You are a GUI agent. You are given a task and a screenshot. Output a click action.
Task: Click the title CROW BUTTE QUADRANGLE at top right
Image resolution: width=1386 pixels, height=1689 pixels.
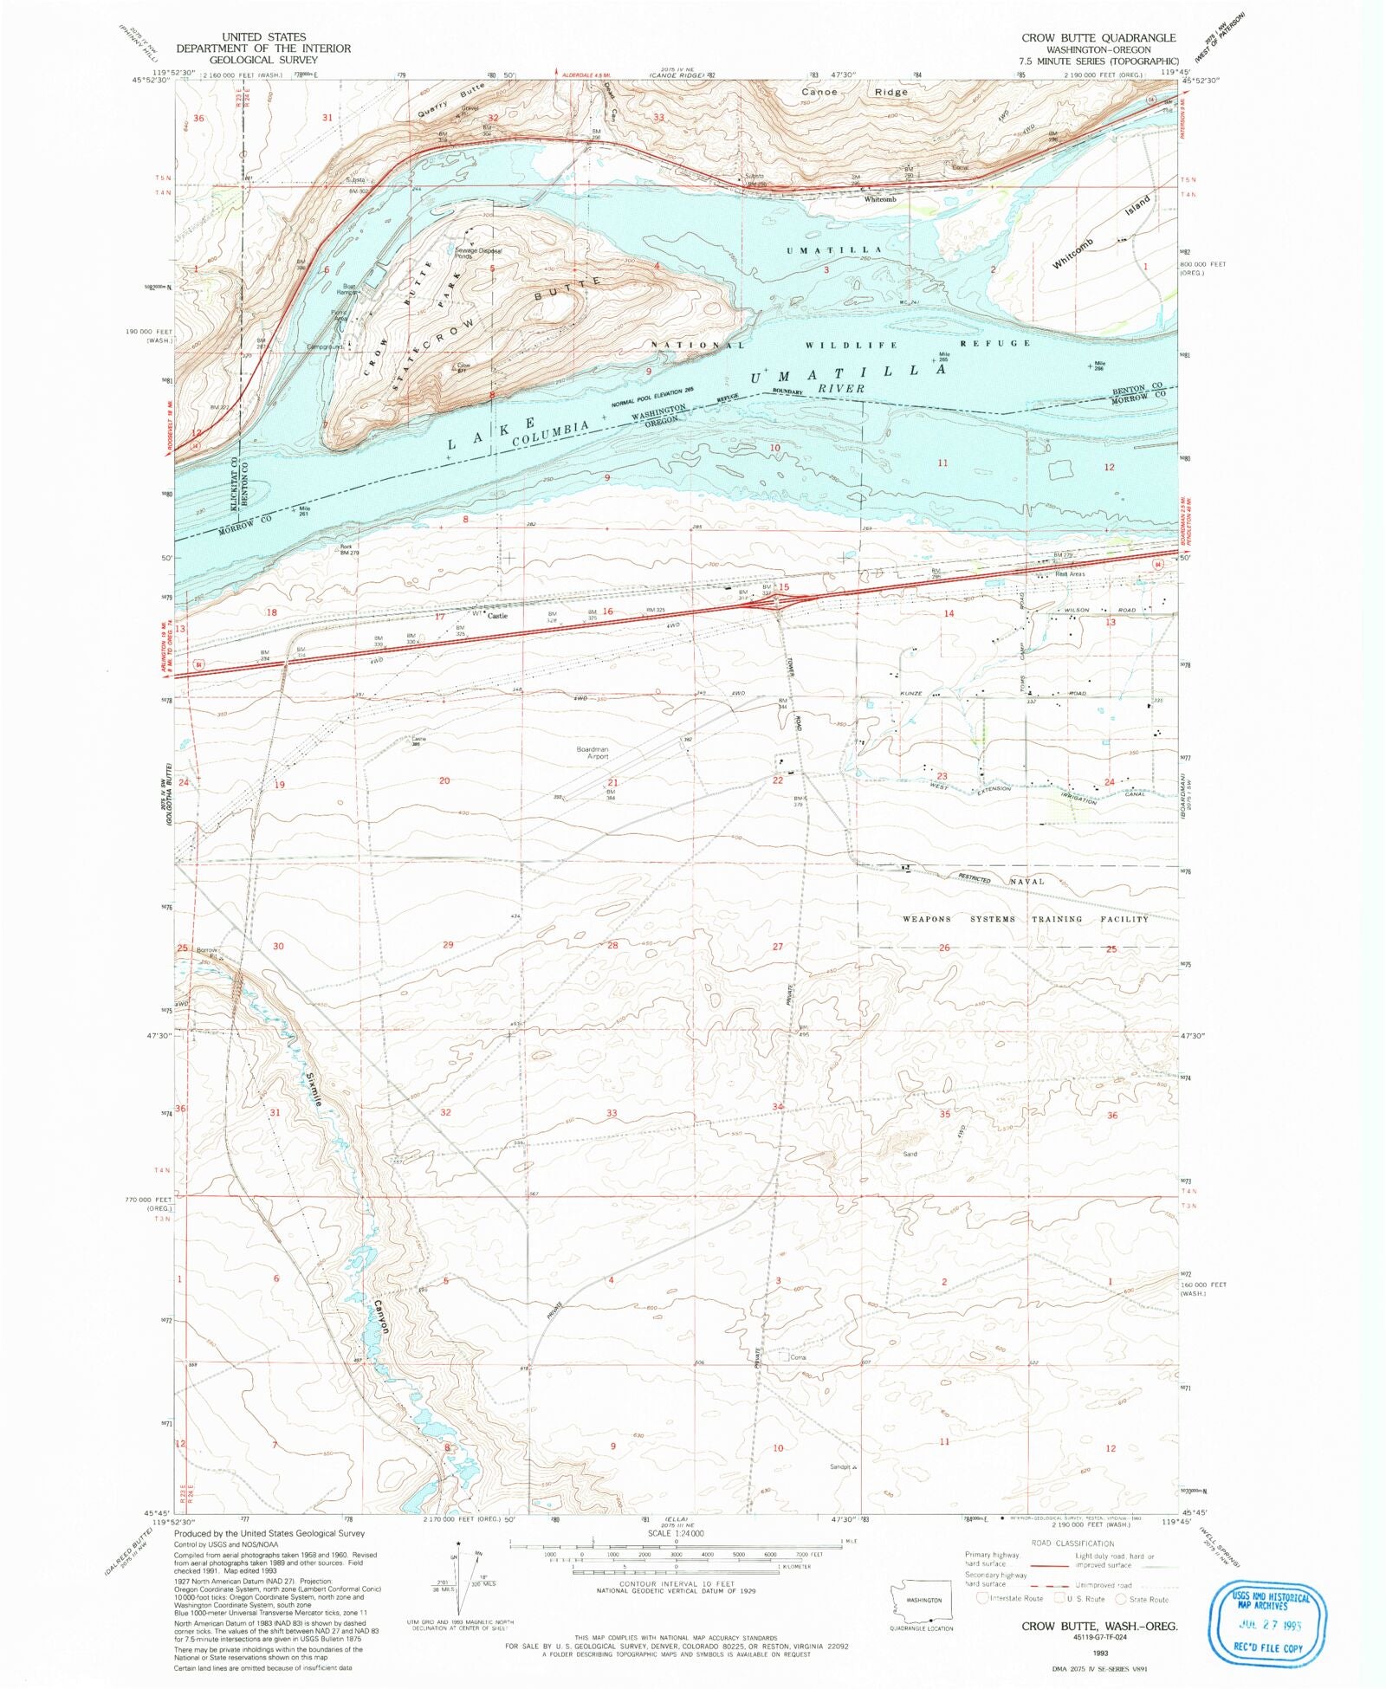click(1098, 37)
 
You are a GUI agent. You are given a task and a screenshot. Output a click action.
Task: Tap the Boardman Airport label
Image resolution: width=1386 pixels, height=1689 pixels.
click(593, 753)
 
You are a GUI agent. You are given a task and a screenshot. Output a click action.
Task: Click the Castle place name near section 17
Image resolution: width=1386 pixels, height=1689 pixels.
click(497, 616)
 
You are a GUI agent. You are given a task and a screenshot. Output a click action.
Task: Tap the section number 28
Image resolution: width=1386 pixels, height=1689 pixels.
click(612, 945)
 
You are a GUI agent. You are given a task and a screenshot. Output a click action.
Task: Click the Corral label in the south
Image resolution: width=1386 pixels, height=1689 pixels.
click(798, 1357)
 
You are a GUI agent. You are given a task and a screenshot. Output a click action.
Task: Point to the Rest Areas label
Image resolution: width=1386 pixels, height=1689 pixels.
click(1070, 573)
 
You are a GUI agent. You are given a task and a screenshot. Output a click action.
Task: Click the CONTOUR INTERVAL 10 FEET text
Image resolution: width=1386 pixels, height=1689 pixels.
click(675, 1584)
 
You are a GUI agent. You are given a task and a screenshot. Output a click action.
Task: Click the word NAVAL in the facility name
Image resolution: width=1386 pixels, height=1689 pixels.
click(1027, 882)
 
